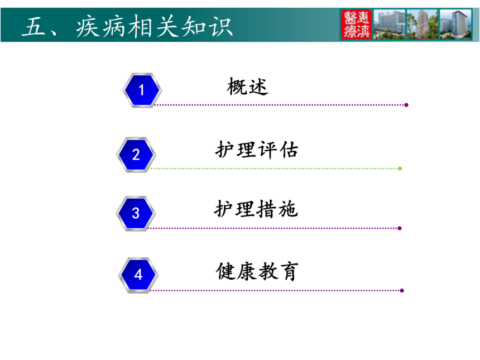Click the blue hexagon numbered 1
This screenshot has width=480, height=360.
pos(142,90)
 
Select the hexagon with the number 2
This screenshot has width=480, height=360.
pos(136,155)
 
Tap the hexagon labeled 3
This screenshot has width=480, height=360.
pos(136,213)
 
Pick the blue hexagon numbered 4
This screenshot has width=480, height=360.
pos(138,275)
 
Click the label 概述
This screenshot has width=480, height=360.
pos(247,87)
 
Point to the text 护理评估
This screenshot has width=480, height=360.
pos(257,150)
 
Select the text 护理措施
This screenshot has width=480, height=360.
pos(256,209)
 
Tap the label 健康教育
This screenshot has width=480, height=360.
pos(257,271)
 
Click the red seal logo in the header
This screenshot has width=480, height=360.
pos(356,25)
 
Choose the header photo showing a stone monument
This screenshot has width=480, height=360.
pos(423,25)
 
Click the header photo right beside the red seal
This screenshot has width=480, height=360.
pos(390,25)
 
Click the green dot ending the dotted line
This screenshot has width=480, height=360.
pos(400,169)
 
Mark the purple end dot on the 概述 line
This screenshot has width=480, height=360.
pos(406,105)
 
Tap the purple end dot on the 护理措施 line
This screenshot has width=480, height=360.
pos(400,228)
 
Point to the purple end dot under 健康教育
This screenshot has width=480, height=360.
pos(402,290)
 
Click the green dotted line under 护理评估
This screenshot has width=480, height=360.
pos(274,169)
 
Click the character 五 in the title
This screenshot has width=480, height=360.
pos(33,27)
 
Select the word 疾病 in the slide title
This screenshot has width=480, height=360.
pos(100,27)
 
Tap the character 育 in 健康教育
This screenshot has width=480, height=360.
pos(289,271)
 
